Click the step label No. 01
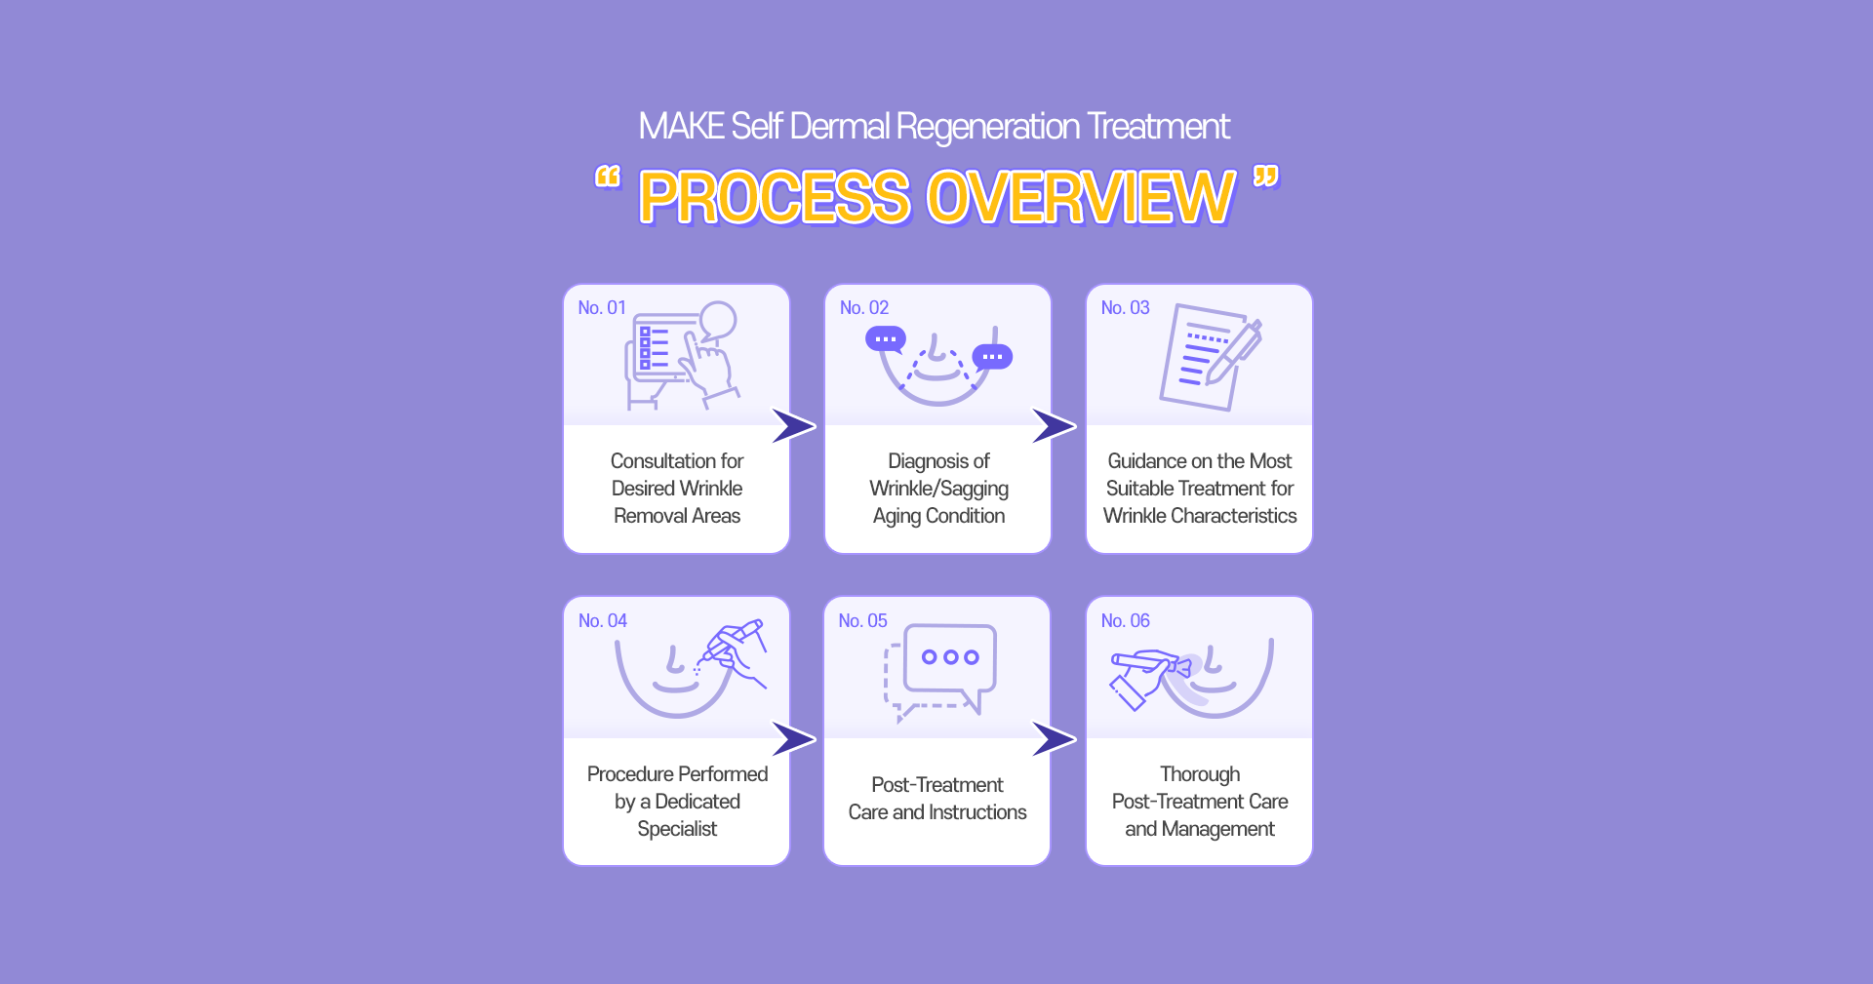click(x=602, y=308)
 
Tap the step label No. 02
click(x=864, y=308)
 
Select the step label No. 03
click(x=1126, y=308)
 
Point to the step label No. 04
click(x=603, y=621)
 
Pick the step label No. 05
click(x=863, y=621)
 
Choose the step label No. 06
click(x=1126, y=621)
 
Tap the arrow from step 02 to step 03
click(x=1054, y=426)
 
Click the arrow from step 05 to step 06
click(x=1054, y=739)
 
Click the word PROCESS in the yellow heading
click(x=776, y=198)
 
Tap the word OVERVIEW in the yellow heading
click(x=1081, y=198)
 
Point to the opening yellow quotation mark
click(x=608, y=177)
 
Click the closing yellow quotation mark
click(x=1266, y=177)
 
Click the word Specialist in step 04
click(x=677, y=829)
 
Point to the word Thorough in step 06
click(x=1200, y=774)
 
